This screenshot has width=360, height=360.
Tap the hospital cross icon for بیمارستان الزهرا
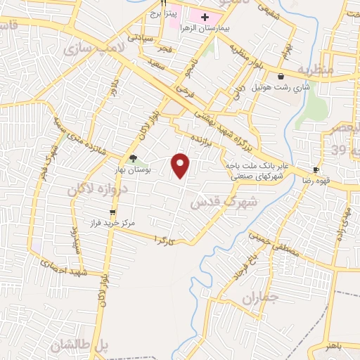pos(205,17)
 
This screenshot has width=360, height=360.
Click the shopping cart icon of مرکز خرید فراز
pos(112,210)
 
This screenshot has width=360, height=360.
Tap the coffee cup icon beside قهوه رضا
pos(316,169)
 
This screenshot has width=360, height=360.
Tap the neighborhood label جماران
pos(260,298)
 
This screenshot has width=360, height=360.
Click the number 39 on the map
pos(339,150)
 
